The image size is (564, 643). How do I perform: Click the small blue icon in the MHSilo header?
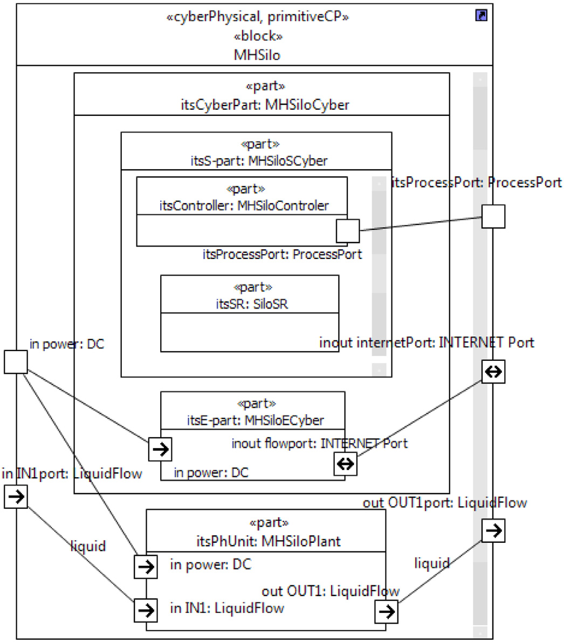click(482, 16)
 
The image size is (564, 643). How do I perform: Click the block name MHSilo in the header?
click(257, 55)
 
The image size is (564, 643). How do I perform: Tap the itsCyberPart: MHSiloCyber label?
click(265, 104)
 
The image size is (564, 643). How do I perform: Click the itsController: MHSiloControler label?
click(244, 205)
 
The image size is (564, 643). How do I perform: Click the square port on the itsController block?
click(348, 230)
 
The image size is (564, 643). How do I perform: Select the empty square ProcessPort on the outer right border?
click(493, 216)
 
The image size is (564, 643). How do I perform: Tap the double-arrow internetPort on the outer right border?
click(493, 372)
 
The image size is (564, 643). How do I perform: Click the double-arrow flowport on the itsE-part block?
click(346, 464)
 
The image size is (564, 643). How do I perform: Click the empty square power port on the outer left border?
click(16, 362)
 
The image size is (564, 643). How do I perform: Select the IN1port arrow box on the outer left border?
click(16, 497)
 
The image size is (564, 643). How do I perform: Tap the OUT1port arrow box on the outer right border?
click(493, 531)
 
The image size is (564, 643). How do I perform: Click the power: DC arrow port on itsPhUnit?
click(146, 567)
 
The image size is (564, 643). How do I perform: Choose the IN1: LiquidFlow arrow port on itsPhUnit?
click(146, 610)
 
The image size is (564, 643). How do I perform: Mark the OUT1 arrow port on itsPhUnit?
click(386, 612)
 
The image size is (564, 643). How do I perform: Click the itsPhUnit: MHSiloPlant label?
click(269, 541)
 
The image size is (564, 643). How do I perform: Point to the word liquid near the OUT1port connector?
click(432, 563)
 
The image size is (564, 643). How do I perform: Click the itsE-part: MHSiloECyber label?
click(256, 420)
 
